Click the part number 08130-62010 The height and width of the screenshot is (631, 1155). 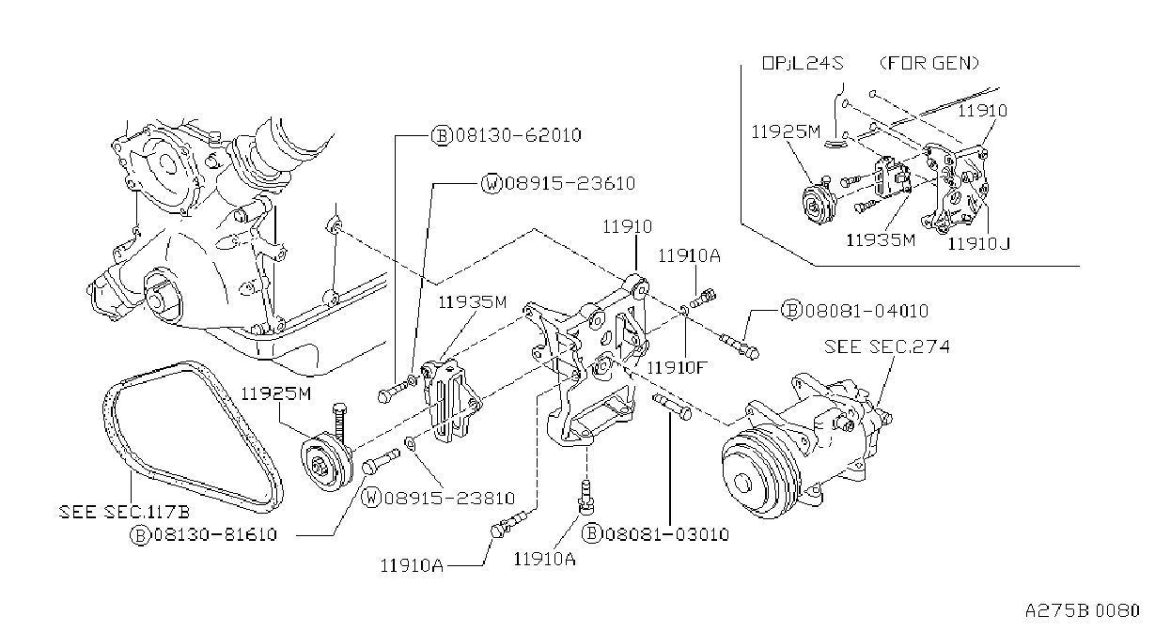point(518,135)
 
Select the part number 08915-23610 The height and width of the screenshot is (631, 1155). point(570,183)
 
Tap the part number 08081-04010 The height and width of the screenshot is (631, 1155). point(866,311)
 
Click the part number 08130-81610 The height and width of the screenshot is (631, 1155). point(215,534)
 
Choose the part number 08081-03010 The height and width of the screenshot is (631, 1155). point(667,534)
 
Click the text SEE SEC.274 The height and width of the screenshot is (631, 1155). point(886,346)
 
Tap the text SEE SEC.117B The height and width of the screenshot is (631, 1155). point(124,512)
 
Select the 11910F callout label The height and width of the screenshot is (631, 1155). point(677,368)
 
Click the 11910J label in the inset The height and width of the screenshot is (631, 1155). point(978,243)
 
